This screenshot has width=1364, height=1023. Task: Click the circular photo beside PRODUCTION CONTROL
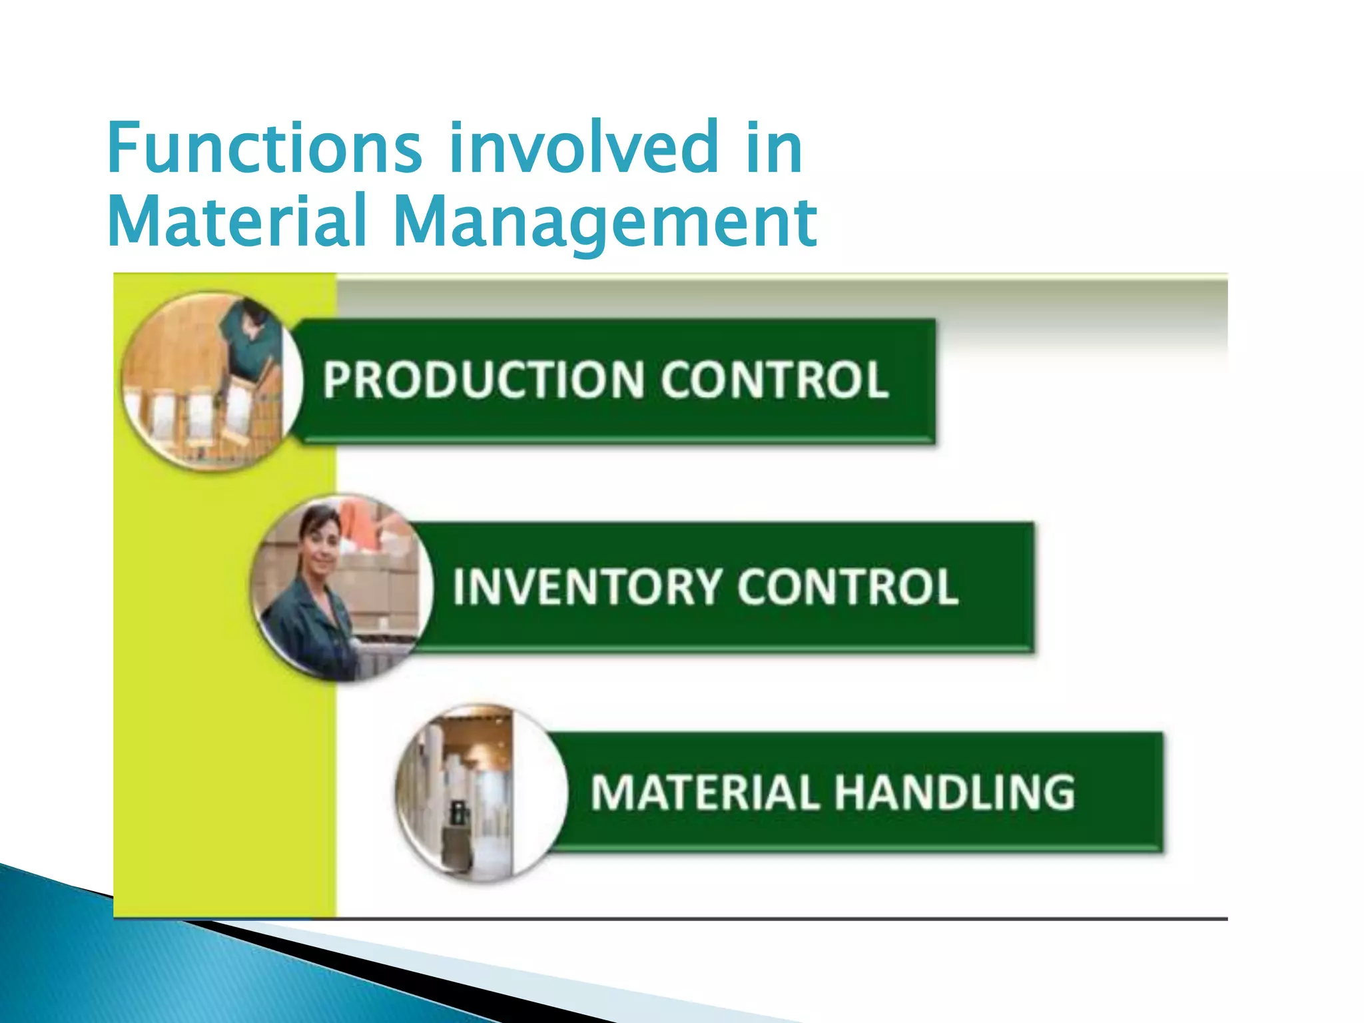pyautogui.click(x=212, y=382)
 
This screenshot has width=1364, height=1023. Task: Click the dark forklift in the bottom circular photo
pyautogui.click(x=459, y=816)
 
